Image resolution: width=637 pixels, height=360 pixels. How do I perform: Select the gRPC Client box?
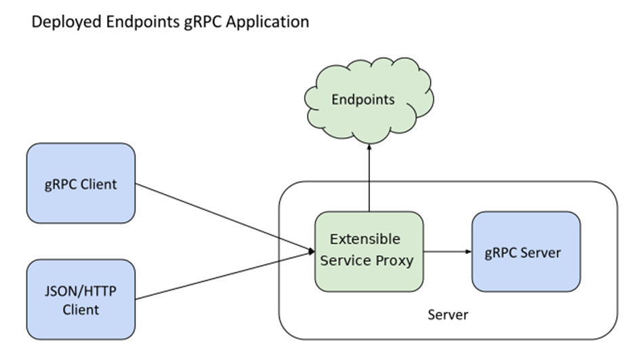pos(81,183)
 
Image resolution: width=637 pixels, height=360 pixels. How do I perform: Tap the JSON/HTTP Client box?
pos(81,300)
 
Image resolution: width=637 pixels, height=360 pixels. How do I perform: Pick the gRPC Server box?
pos(526,252)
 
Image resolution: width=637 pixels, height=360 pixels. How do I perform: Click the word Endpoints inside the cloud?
pos(363,100)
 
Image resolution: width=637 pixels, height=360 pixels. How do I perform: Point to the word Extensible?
pos(365,239)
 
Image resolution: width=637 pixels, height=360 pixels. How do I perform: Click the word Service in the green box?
pos(344,260)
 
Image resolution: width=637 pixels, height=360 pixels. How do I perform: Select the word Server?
pos(540,253)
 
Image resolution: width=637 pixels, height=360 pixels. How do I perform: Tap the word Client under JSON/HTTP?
pos(81,310)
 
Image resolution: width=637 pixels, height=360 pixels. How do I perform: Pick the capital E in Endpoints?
pos(335,100)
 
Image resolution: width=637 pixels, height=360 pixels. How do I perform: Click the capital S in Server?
pos(522,253)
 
